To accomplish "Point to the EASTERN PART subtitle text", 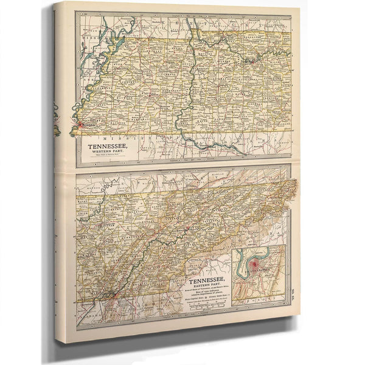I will tap(206, 286).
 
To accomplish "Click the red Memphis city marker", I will tap(78, 127).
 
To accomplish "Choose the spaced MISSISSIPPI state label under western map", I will tap(146, 138).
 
